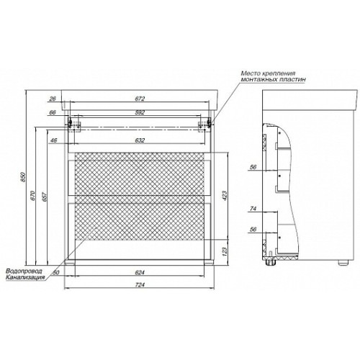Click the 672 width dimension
(140, 99)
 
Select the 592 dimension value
(140, 112)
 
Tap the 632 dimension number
(140, 140)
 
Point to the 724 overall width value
(140, 284)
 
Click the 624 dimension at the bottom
(140, 272)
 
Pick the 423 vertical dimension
(225, 196)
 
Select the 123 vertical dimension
(225, 251)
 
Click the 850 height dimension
(23, 176)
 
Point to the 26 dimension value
(53, 99)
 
